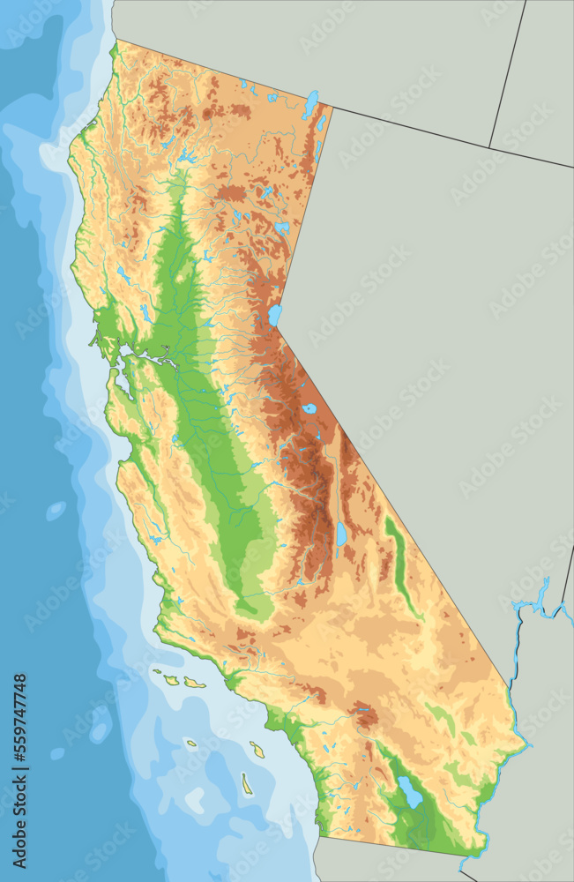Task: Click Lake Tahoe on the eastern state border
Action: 275,315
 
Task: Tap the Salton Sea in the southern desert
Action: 410,792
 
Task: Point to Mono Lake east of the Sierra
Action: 309,408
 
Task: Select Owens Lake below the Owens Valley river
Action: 341,534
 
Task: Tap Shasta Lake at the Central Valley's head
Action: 186,157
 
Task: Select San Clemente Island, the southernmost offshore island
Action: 247,783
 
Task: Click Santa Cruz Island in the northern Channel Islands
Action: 193,682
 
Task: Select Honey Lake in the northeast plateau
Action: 281,228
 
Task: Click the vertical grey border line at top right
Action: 507,71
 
